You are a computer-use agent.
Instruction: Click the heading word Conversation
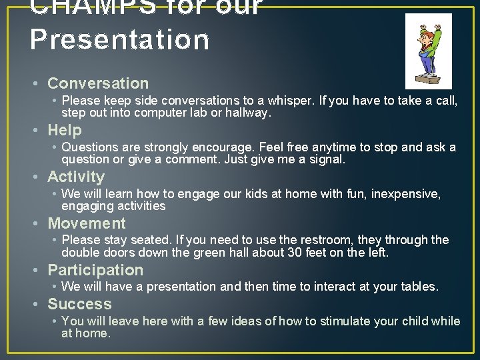[x=98, y=83]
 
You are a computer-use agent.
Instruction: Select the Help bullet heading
[x=65, y=130]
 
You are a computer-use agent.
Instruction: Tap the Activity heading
[x=76, y=177]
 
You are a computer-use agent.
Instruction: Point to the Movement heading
[x=87, y=223]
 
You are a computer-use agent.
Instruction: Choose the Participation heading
[x=95, y=270]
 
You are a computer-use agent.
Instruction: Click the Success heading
[x=79, y=304]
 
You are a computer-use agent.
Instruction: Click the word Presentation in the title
[x=120, y=39]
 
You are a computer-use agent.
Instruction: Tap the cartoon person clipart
[x=428, y=51]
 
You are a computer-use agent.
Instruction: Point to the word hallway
[x=249, y=113]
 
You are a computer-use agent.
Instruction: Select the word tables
[x=419, y=287]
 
